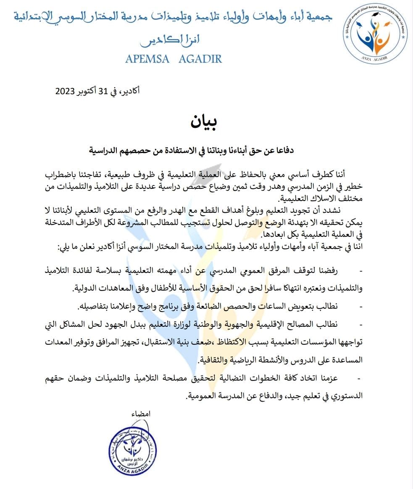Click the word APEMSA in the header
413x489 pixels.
click(x=147, y=59)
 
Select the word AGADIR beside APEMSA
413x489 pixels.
click(x=200, y=59)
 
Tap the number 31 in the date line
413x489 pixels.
click(x=103, y=91)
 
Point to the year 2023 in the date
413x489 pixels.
click(x=65, y=91)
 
